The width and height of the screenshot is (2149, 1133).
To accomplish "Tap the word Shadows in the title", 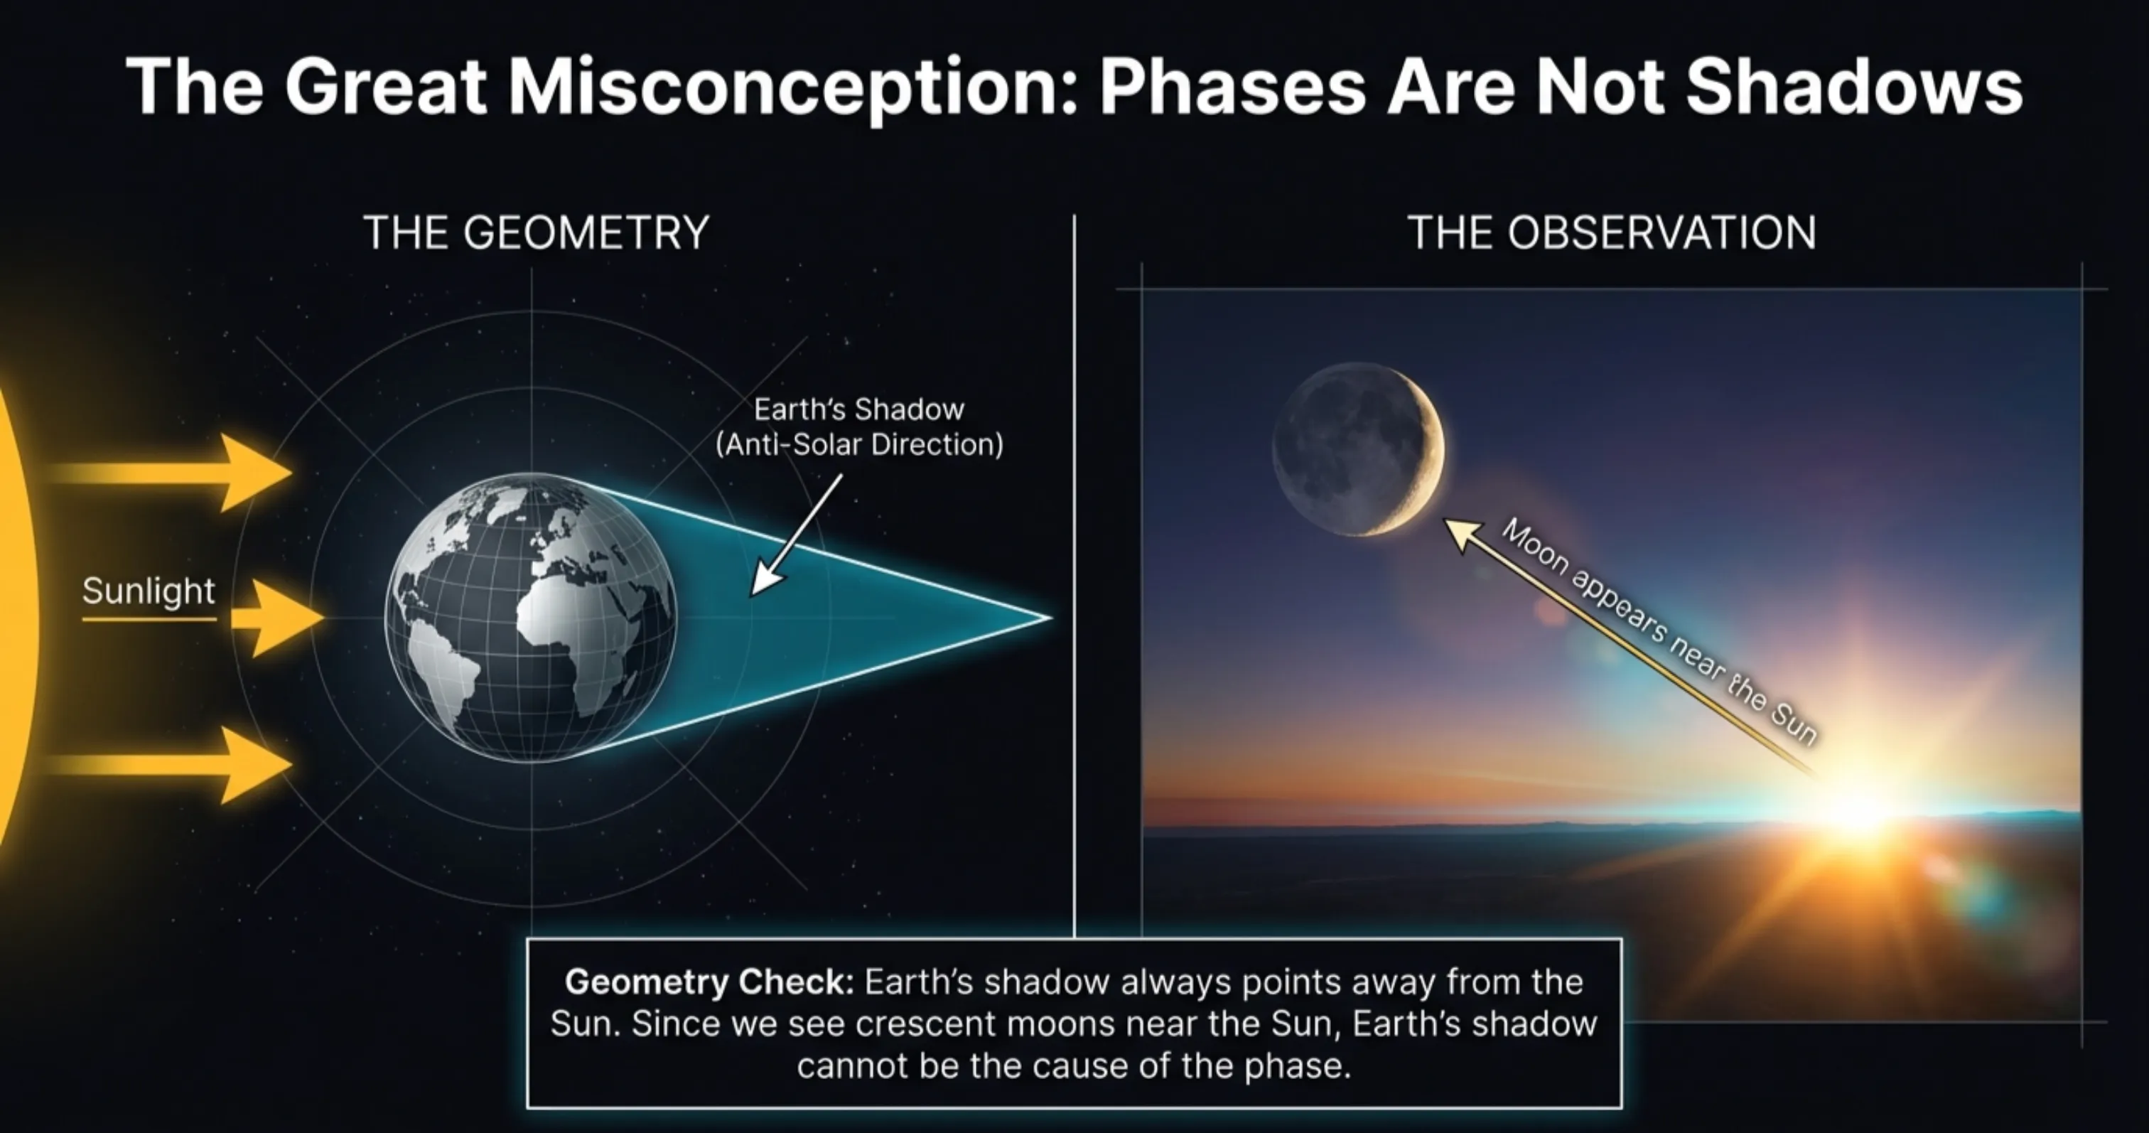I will (1853, 87).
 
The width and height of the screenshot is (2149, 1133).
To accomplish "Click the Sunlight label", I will (149, 591).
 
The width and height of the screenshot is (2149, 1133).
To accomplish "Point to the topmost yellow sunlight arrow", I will (250, 472).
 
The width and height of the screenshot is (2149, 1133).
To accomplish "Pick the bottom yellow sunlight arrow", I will (250, 764).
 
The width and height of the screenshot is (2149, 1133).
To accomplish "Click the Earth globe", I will (531, 618).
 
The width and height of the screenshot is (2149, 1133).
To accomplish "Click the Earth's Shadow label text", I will (858, 409).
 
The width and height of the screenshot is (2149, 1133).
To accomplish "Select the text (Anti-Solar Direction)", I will (859, 445).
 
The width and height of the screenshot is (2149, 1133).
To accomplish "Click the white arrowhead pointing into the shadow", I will (764, 581).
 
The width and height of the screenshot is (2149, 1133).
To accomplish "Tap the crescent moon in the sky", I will (1359, 449).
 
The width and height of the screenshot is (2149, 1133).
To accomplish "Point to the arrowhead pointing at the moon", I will (1460, 532).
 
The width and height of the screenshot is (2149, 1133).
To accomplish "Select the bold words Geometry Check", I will (709, 982).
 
